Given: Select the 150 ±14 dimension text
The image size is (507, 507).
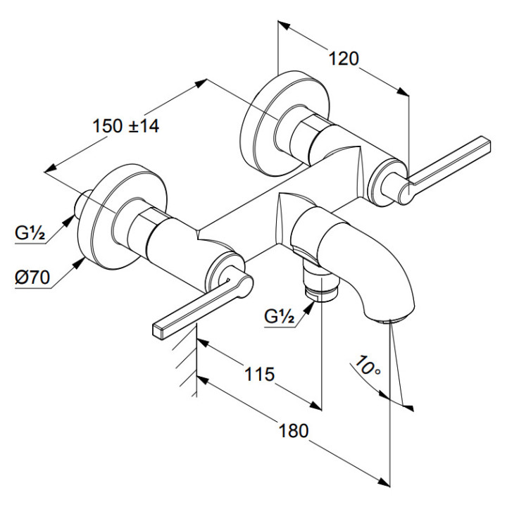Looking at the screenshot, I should pyautogui.click(x=126, y=126).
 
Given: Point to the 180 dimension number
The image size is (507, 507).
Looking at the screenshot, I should pyautogui.click(x=294, y=430).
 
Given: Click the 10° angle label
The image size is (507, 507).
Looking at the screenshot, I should pyautogui.click(x=368, y=367).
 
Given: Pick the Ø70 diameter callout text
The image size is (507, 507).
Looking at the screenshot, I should pyautogui.click(x=32, y=277).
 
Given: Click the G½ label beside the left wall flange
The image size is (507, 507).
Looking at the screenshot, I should pyautogui.click(x=29, y=233).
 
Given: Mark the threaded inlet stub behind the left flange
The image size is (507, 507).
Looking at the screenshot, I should pyautogui.click(x=82, y=205).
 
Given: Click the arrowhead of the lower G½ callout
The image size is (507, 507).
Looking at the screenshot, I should pyautogui.click(x=311, y=303).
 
